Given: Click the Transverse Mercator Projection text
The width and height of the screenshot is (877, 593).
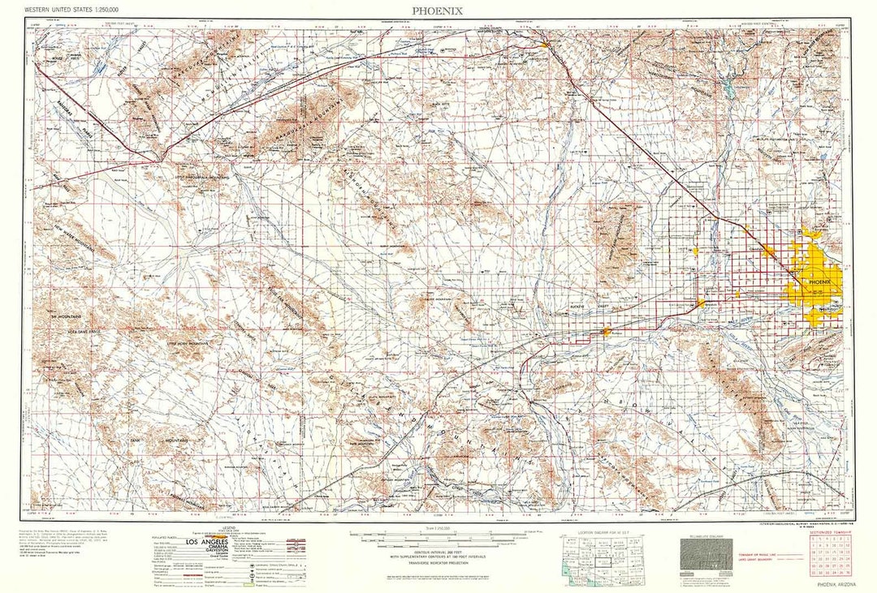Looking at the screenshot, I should click(x=439, y=565).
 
